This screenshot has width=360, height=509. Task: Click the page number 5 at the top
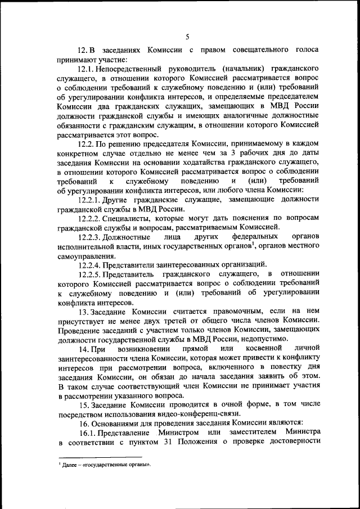pos(186,37)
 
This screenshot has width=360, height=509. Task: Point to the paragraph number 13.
pos(84,311)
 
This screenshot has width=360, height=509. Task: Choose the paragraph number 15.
pos(84,405)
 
